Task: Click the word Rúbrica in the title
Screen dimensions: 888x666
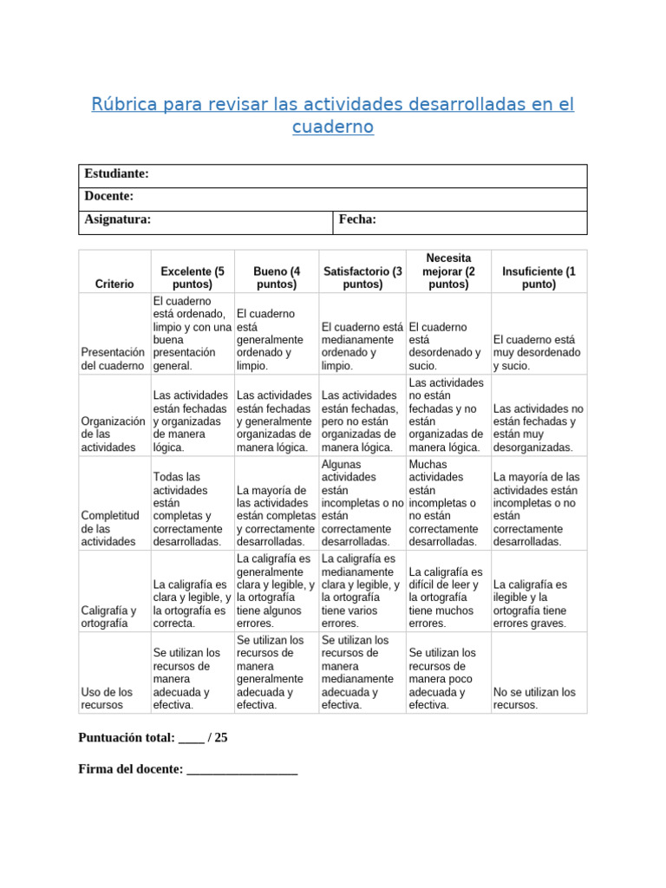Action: pyautogui.click(x=123, y=105)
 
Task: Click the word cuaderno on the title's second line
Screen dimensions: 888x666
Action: pyautogui.click(x=333, y=127)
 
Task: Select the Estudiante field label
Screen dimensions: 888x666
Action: pyautogui.click(x=117, y=174)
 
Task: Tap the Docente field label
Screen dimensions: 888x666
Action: pyautogui.click(x=109, y=197)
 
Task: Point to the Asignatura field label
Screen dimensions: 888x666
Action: pyautogui.click(x=118, y=219)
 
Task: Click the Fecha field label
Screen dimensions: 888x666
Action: pyautogui.click(x=357, y=219)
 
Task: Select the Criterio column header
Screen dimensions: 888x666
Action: pyautogui.click(x=114, y=284)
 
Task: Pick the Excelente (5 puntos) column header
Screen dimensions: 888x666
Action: pyautogui.click(x=192, y=277)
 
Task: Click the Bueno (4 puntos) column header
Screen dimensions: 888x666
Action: pyautogui.click(x=277, y=277)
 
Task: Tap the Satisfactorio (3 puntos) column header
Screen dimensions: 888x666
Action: pyautogui.click(x=362, y=277)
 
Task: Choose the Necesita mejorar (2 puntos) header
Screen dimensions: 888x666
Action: pyautogui.click(x=447, y=271)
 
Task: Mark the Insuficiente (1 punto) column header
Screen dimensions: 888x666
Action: pyautogui.click(x=539, y=277)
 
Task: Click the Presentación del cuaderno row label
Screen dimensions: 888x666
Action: pyautogui.click(x=113, y=359)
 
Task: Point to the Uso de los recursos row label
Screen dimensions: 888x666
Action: pyautogui.click(x=107, y=698)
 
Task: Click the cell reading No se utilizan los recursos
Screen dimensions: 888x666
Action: pyautogui.click(x=534, y=698)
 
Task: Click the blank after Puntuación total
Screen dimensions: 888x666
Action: pyautogui.click(x=192, y=739)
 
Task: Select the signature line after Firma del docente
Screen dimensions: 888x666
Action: pyautogui.click(x=242, y=769)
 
